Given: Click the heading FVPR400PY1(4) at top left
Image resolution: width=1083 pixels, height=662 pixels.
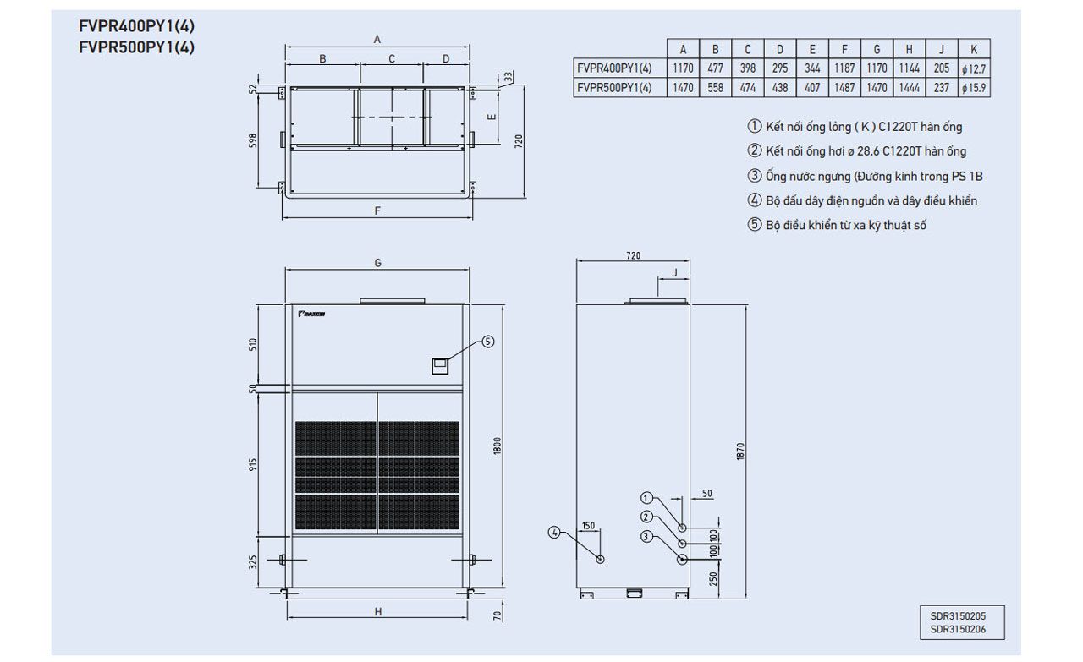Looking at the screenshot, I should (136, 25).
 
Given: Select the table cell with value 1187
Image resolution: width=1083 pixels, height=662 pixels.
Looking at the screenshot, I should (844, 68).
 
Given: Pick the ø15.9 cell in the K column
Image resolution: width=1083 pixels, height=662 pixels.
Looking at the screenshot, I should (974, 87).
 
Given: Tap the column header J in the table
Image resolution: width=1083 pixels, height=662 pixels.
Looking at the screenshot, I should (942, 49).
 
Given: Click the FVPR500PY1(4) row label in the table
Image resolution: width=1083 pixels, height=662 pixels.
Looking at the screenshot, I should (613, 87).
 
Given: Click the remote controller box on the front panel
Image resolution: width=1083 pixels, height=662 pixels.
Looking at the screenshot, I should (440, 365).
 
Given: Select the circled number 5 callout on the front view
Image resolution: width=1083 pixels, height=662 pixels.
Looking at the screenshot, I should (487, 342).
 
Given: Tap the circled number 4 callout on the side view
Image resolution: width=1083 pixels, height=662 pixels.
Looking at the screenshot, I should (554, 532).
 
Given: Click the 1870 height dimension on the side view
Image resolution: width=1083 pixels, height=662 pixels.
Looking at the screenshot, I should (741, 452).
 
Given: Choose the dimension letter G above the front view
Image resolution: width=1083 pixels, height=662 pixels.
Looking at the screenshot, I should (377, 263).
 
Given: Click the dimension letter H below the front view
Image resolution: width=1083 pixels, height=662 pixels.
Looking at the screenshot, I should (377, 611).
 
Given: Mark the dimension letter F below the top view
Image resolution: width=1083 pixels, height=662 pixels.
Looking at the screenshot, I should (377, 211).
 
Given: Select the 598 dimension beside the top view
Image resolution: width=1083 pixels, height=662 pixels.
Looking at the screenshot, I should (253, 140).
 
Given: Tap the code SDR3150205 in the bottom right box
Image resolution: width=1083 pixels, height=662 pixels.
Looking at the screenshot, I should (953, 617).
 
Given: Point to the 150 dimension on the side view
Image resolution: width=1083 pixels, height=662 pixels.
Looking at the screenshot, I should (588, 526).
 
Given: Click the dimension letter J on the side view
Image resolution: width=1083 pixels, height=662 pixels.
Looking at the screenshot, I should (674, 272).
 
